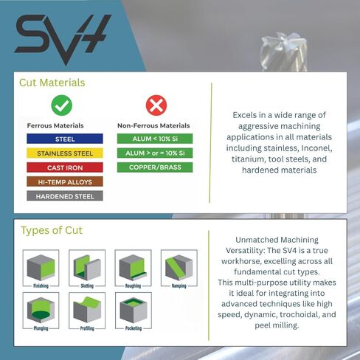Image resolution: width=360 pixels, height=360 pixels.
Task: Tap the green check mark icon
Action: tap(61, 106)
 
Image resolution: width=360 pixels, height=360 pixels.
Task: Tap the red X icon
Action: tap(156, 106)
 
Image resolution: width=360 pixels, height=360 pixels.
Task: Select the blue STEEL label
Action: tap(65, 139)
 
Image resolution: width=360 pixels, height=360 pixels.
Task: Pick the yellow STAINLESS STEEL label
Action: tap(65, 153)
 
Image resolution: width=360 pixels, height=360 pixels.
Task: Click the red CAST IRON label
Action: tap(65, 167)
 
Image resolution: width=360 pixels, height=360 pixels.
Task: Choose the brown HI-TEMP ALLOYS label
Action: tap(65, 181)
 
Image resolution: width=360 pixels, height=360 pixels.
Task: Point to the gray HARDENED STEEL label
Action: tap(65, 196)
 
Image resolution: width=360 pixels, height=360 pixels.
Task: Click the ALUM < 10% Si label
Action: tap(155, 139)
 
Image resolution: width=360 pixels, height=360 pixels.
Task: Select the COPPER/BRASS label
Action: tap(155, 167)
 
